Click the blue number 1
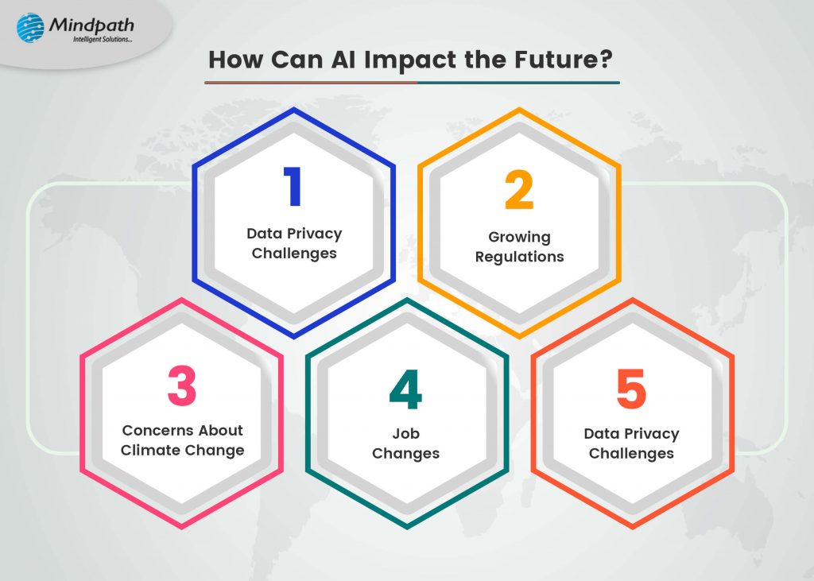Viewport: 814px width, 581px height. [x=293, y=187]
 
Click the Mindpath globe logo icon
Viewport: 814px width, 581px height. [x=31, y=27]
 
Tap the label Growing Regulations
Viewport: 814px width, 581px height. [x=519, y=246]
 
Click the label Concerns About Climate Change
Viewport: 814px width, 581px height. [x=183, y=440]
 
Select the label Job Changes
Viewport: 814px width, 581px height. [x=406, y=443]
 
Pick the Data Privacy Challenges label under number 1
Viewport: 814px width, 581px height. [x=294, y=243]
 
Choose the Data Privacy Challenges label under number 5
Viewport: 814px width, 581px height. [x=631, y=443]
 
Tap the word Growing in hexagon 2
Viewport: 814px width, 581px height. [x=519, y=237]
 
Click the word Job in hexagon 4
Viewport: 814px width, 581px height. [x=406, y=434]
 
